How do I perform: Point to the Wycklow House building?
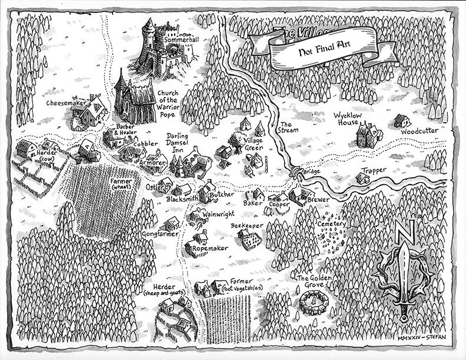(x=368, y=135)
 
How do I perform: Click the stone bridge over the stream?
(x=298, y=172)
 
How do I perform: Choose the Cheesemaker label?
(x=66, y=103)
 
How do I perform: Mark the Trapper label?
(x=374, y=171)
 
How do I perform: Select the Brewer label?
(x=318, y=199)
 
